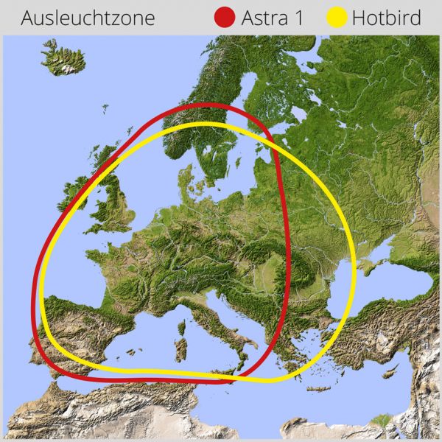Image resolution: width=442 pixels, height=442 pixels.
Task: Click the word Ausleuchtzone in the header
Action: click(88, 18)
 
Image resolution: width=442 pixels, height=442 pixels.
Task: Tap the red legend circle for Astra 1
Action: click(225, 18)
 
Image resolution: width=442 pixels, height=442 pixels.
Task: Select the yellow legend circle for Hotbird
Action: click(337, 18)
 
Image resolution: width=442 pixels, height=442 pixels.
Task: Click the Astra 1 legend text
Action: click(272, 18)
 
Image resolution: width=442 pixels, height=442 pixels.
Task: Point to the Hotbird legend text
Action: click(387, 18)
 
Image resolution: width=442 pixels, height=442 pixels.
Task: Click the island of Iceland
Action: click(63, 57)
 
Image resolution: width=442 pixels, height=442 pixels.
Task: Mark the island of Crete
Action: click(318, 389)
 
